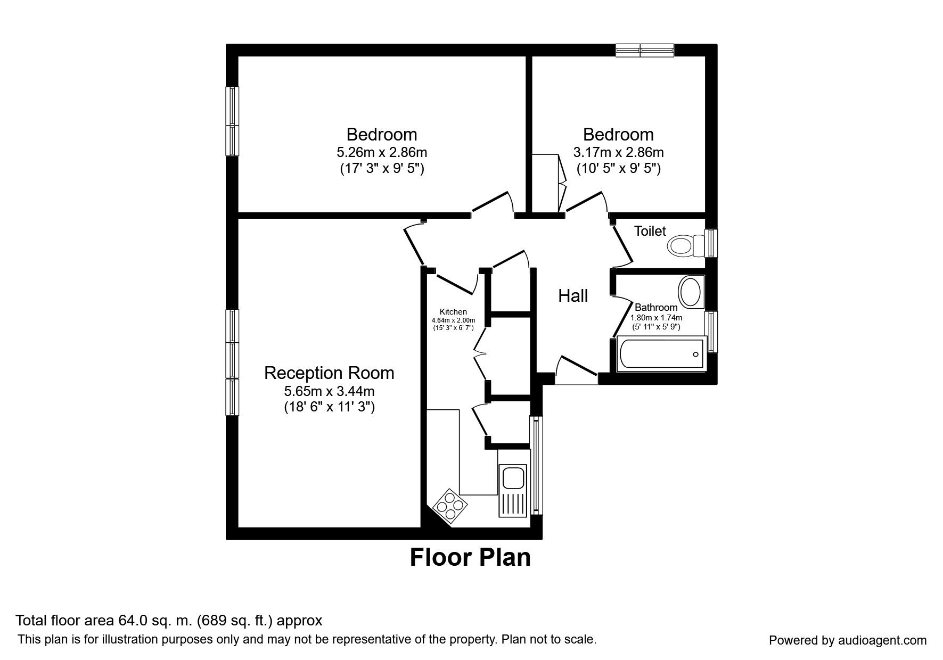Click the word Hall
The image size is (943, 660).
pyautogui.click(x=573, y=295)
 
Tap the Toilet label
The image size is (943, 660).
pyautogui.click(x=650, y=231)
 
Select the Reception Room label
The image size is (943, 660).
pyautogui.click(x=329, y=373)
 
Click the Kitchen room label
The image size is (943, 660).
pyautogui.click(x=453, y=312)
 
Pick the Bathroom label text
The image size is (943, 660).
pyautogui.click(x=656, y=307)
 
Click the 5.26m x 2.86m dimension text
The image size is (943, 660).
pyautogui.click(x=381, y=153)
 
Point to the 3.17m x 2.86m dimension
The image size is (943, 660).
pyautogui.click(x=618, y=153)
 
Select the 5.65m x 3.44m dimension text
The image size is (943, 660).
pyautogui.click(x=329, y=391)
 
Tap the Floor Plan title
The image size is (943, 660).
pyautogui.click(x=470, y=557)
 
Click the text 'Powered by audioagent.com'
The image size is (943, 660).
pyautogui.click(x=847, y=640)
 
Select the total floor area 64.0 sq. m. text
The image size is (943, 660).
pyautogui.click(x=169, y=621)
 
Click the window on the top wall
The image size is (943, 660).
pyautogui.click(x=644, y=51)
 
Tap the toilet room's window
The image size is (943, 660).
pyautogui.click(x=711, y=243)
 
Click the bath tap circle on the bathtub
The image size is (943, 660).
pyautogui.click(x=695, y=354)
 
